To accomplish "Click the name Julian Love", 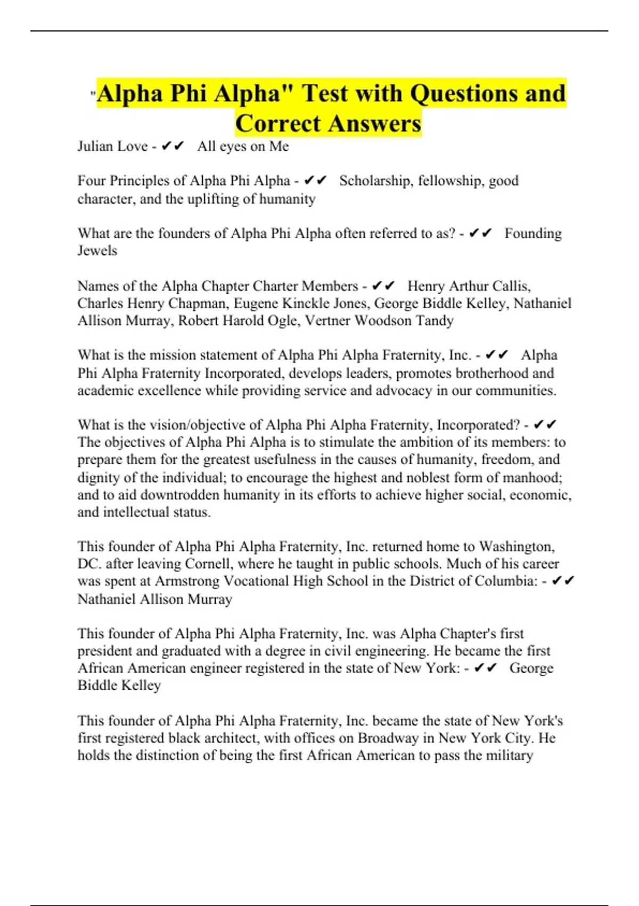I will click(112, 147).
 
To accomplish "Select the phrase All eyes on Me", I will click(243, 147).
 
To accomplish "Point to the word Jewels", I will click(97, 250).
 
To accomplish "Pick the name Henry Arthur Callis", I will click(469, 286).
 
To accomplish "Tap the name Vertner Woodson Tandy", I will click(379, 321).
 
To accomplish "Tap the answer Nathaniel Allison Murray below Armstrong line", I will click(154, 599).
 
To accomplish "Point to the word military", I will click(505, 756).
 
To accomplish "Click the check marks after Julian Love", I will click(173, 147).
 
